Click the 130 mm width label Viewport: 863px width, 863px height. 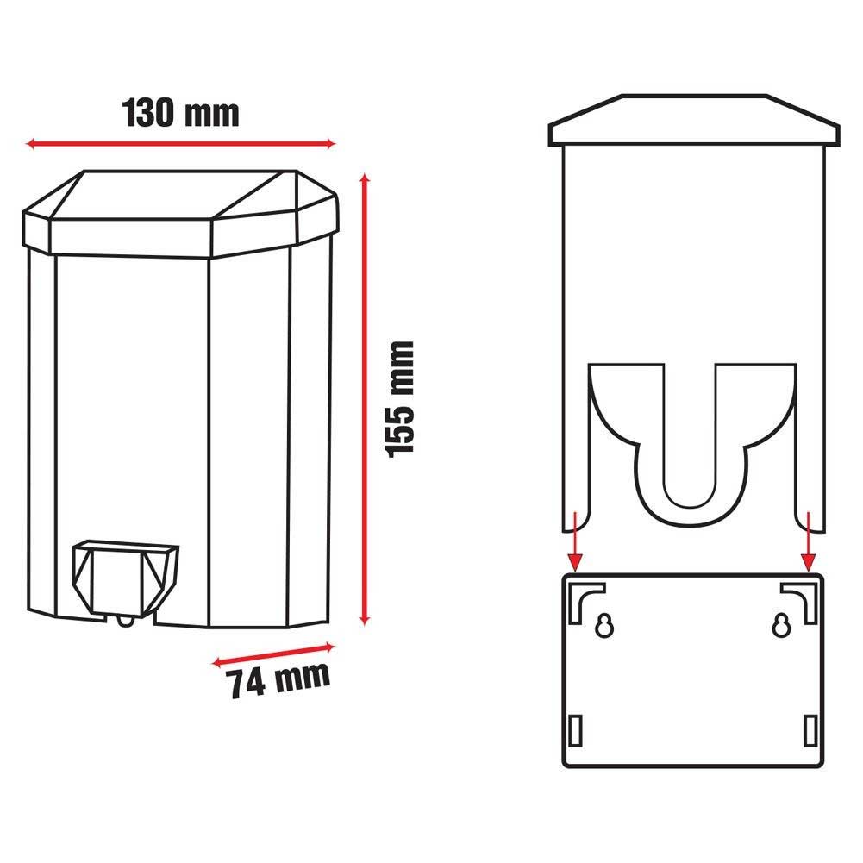(180, 113)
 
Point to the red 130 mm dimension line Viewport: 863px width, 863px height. (180, 144)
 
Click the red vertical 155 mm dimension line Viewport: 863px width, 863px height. (366, 397)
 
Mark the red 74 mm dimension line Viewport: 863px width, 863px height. (272, 653)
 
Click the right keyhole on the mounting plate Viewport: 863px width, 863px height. (781, 626)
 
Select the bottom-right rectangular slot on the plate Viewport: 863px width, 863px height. (810, 729)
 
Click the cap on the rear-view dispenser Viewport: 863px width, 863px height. (694, 121)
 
